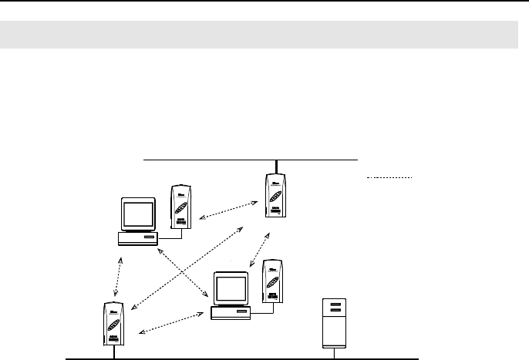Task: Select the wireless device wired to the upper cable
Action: [275, 198]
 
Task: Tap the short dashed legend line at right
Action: [389, 178]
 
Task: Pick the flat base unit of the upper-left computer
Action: [138, 238]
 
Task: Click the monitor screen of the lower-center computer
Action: [231, 288]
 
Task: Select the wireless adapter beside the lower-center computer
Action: [271, 283]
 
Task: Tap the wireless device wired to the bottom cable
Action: [114, 326]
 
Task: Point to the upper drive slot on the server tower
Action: [337, 306]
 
